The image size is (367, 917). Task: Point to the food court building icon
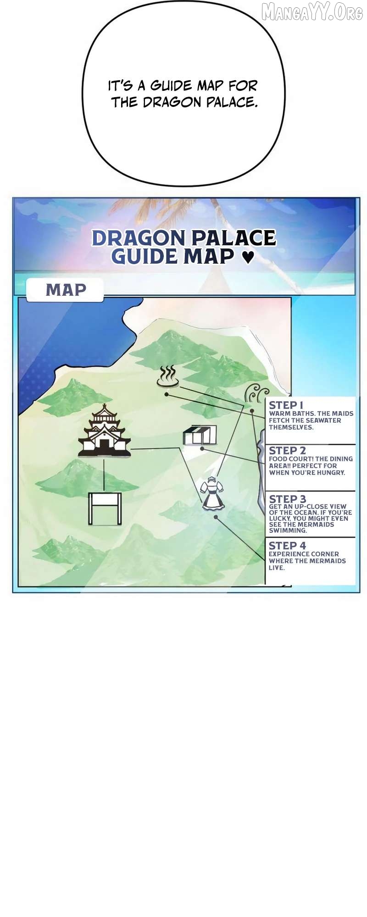click(x=200, y=435)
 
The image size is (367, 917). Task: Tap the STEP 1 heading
click(x=286, y=405)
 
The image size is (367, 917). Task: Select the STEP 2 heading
click(x=287, y=450)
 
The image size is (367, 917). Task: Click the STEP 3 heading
click(x=287, y=499)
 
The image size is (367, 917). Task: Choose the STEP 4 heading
click(x=287, y=546)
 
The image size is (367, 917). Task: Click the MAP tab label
click(x=66, y=290)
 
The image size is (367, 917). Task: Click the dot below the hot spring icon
click(x=167, y=394)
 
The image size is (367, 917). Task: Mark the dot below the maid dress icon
click(x=217, y=517)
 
